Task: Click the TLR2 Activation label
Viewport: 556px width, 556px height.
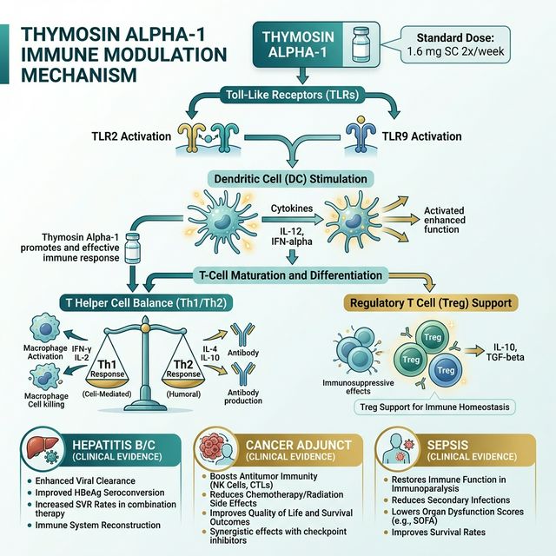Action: (134, 136)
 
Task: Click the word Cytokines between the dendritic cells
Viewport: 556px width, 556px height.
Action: (294, 209)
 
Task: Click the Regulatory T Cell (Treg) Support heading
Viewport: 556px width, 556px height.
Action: (430, 303)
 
